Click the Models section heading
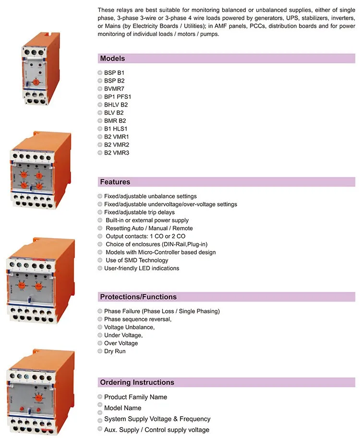pyautogui.click(x=112, y=59)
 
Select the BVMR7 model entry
pyautogui.click(x=114, y=89)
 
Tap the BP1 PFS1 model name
pyautogui.click(x=118, y=96)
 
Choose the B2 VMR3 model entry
pyautogui.click(x=117, y=153)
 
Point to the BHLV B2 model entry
pyautogui.click(x=116, y=105)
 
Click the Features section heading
pyautogui.click(x=115, y=182)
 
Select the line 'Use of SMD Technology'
pyautogui.click(x=137, y=260)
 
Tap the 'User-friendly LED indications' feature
pyautogui.click(x=142, y=268)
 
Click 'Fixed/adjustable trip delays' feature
pyautogui.click(x=139, y=212)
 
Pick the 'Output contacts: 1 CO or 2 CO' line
pyautogui.click(x=145, y=236)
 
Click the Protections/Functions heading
pyautogui.click(x=138, y=297)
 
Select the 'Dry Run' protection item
pyautogui.click(x=116, y=351)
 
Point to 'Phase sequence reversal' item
pyautogui.click(x=138, y=319)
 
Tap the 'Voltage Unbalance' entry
pyautogui.click(x=129, y=327)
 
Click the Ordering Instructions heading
pyautogui.click(x=137, y=383)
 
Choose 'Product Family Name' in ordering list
pyautogui.click(x=135, y=397)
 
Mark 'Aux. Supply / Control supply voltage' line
pyautogui.click(x=156, y=430)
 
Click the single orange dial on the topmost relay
pyautogui.click(x=36, y=82)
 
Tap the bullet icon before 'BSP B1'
pyautogui.click(x=100, y=72)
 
